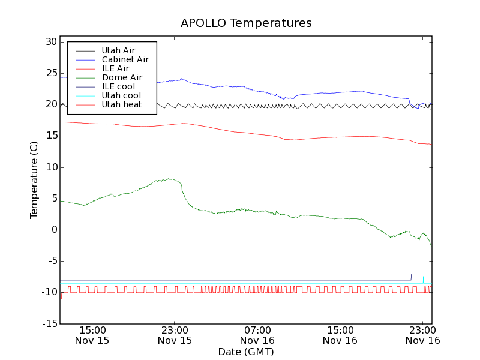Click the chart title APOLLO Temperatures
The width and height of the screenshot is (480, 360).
click(246, 23)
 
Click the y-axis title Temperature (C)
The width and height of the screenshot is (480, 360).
click(35, 180)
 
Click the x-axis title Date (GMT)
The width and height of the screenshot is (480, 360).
click(246, 352)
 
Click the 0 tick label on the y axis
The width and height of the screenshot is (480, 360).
click(54, 230)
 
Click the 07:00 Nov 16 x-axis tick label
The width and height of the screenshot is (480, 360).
click(257, 335)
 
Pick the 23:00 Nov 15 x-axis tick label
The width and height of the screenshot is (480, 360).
click(175, 335)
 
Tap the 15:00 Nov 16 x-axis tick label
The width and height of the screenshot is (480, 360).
click(340, 335)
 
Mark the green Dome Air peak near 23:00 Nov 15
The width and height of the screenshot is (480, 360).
click(170, 178)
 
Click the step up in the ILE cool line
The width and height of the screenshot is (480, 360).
click(411, 277)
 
